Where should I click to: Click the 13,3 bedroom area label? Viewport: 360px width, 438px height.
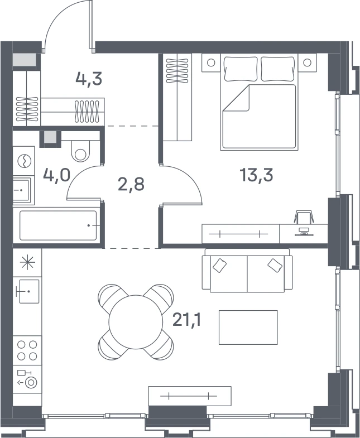256,175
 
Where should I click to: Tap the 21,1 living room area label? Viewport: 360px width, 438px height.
187,320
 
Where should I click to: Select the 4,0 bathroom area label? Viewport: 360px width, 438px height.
56,175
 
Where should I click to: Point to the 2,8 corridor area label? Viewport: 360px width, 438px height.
131,184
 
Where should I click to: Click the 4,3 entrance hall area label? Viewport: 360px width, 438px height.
89,79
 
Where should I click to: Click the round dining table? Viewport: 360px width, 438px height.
136,322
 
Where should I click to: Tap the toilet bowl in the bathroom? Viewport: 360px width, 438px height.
80,151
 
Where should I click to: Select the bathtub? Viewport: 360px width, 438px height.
58,225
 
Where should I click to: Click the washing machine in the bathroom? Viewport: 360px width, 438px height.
24,161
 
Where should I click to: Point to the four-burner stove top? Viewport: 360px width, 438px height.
27,350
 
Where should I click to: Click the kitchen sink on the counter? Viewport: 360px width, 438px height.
29,291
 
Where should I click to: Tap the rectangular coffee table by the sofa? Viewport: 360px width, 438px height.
248,328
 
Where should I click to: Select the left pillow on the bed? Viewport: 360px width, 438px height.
241,69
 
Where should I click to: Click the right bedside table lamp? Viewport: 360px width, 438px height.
307,62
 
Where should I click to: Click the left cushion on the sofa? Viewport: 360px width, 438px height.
220,266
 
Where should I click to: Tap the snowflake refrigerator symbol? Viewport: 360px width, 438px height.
28,263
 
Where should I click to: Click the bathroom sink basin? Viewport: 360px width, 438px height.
21,190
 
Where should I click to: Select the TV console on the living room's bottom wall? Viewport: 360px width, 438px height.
190,396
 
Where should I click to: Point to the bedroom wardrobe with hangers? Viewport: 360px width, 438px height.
177,97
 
